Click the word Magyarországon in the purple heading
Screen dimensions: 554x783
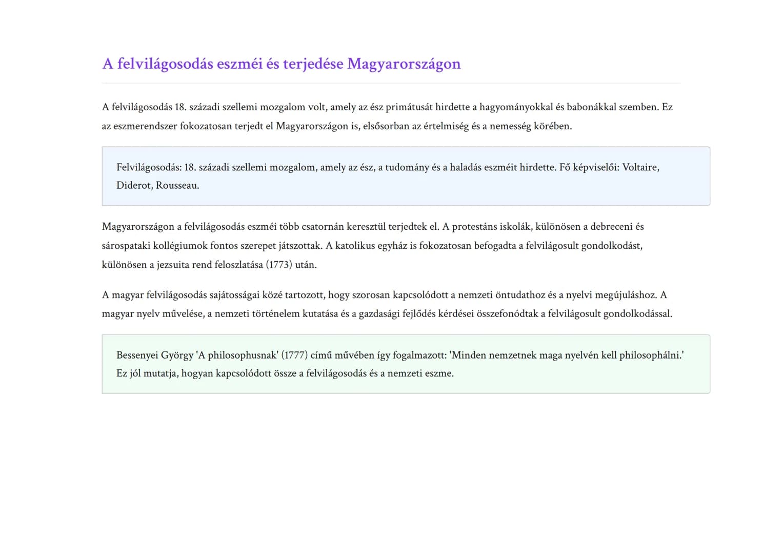pos(404,64)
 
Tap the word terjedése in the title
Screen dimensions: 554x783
pos(313,64)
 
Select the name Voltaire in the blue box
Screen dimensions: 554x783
pos(640,167)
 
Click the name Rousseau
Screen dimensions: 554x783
pos(177,185)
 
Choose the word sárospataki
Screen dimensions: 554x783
pos(126,246)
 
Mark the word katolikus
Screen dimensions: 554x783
pos(355,246)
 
